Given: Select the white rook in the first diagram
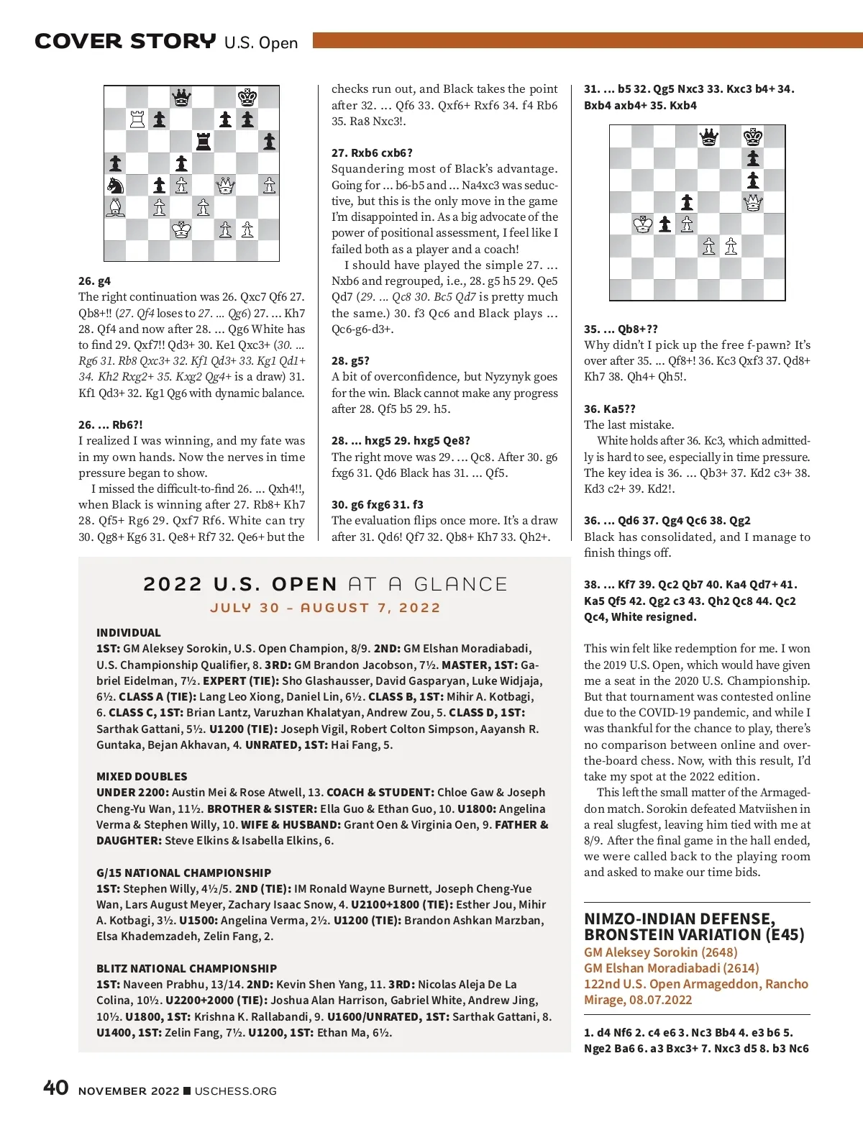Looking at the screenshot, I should coord(137,119).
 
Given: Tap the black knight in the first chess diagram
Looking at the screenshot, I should coord(115,185).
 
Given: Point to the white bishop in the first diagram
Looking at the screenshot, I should coord(115,207).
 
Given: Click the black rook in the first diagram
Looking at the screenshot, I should coord(204,141).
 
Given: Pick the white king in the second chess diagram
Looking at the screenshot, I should coord(643,224).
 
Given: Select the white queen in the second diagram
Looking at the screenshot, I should coord(753,202).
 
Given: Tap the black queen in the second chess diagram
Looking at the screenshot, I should coord(709,137).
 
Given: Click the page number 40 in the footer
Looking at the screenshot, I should coord(56,1087).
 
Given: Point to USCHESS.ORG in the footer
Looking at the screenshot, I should coord(235,1091).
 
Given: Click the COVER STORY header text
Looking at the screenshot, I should coord(125,42).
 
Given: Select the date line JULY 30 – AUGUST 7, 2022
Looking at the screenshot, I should coord(325,608).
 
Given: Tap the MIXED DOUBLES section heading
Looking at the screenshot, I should coord(142,776).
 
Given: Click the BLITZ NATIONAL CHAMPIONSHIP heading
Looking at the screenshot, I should coord(186,968).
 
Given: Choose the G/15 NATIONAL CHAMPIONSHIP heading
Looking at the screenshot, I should coord(183,873).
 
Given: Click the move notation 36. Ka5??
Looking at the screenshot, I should coord(609,409).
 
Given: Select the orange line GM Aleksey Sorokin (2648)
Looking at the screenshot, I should coord(660,952).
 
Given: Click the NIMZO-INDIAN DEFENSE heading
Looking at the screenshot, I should coord(680,919).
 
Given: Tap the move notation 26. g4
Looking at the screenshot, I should coord(94,281).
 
